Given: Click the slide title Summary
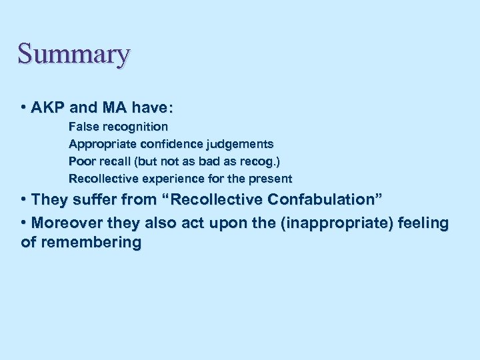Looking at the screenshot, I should tap(73, 54).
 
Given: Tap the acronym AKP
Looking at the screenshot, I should tap(45, 107).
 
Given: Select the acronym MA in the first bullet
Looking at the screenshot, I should tap(109, 107).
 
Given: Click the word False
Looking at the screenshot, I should tap(82, 126).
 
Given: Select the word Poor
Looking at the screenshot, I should tap(81, 161).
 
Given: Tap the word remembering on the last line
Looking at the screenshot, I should tap(90, 242).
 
